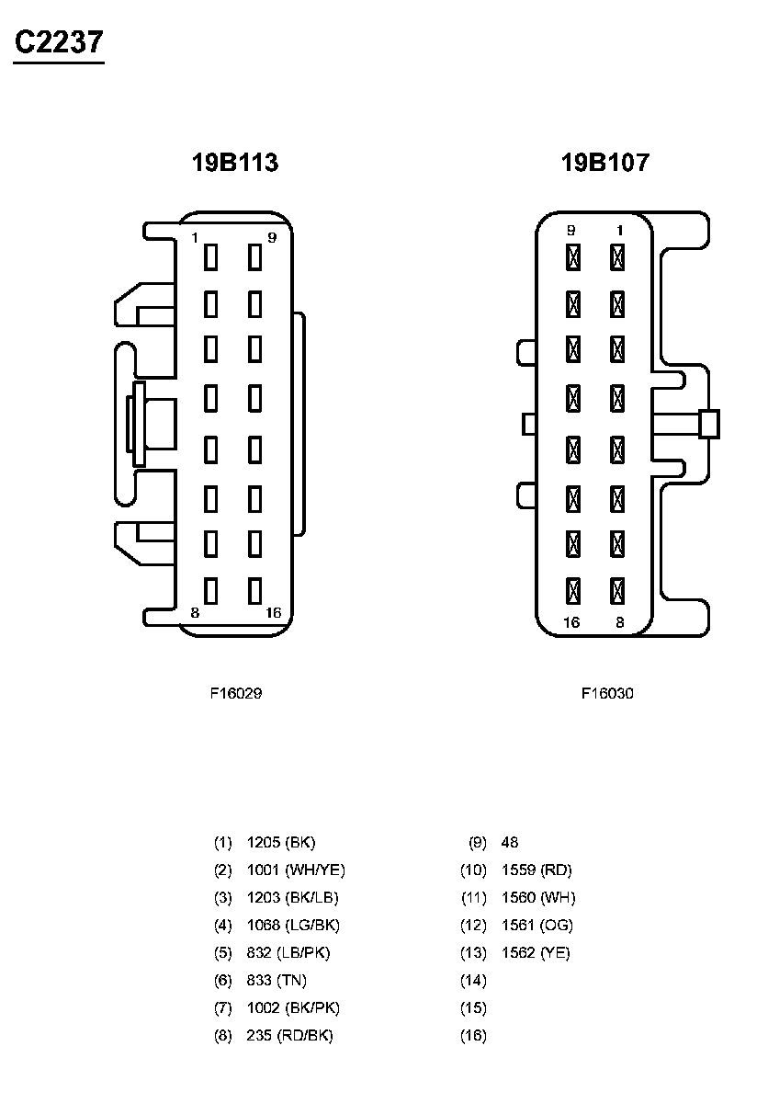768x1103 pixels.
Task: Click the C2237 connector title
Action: (x=58, y=43)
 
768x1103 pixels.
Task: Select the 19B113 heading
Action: (x=235, y=164)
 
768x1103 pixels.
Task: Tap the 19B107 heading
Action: (x=605, y=164)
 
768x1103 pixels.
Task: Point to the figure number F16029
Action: (x=236, y=694)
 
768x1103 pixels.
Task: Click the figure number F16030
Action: (x=607, y=694)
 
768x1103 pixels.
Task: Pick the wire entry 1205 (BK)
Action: (x=281, y=842)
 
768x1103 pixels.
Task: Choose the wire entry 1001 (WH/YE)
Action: (x=296, y=870)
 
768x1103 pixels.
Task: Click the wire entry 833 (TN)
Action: (x=277, y=980)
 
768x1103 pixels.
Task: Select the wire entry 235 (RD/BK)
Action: (x=290, y=1035)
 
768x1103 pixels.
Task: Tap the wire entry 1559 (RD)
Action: (x=536, y=870)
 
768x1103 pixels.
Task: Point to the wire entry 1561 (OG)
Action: (x=537, y=925)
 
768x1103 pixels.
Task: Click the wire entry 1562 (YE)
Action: (x=536, y=952)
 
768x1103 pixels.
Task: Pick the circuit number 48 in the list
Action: (x=510, y=842)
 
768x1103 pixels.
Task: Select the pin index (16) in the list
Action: (x=473, y=1035)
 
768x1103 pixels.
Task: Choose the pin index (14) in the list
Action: (x=473, y=980)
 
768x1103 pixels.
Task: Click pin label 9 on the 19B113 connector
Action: (x=271, y=238)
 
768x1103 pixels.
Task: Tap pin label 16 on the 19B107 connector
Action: (x=571, y=622)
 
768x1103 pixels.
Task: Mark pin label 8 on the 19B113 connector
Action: (x=195, y=613)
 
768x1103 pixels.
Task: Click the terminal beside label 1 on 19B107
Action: (x=617, y=256)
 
